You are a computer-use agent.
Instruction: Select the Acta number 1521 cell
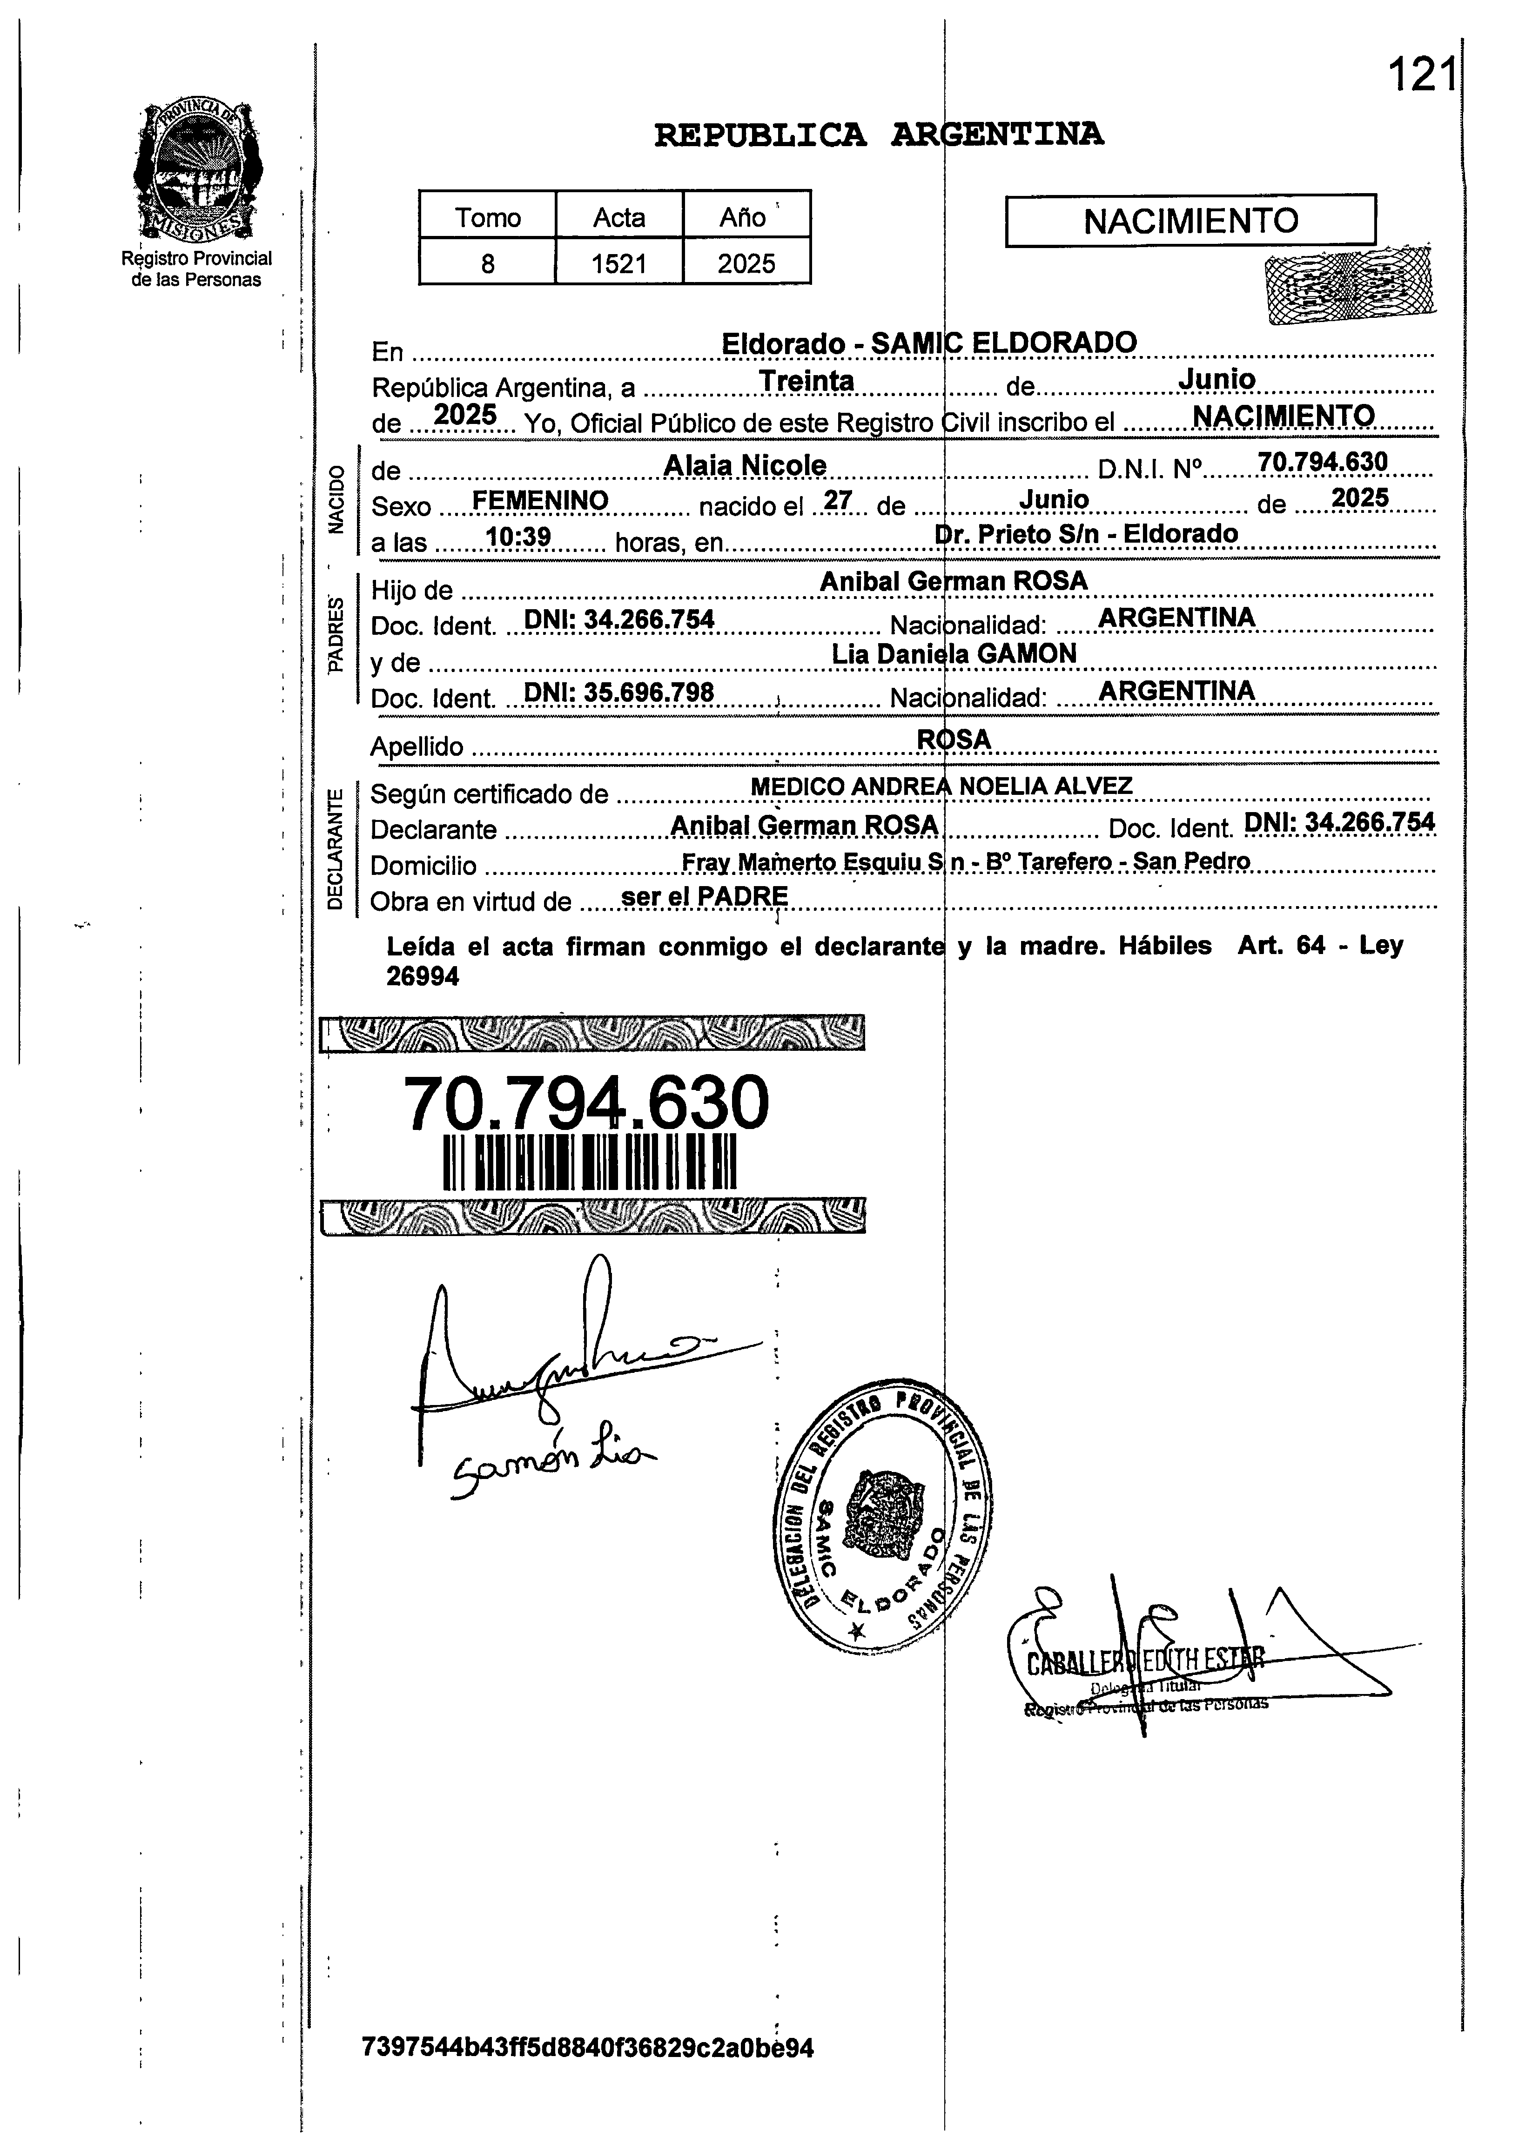click(x=619, y=262)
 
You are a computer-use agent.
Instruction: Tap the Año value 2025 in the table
click(x=746, y=262)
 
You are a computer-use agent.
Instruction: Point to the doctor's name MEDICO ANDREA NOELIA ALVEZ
click(x=941, y=786)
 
